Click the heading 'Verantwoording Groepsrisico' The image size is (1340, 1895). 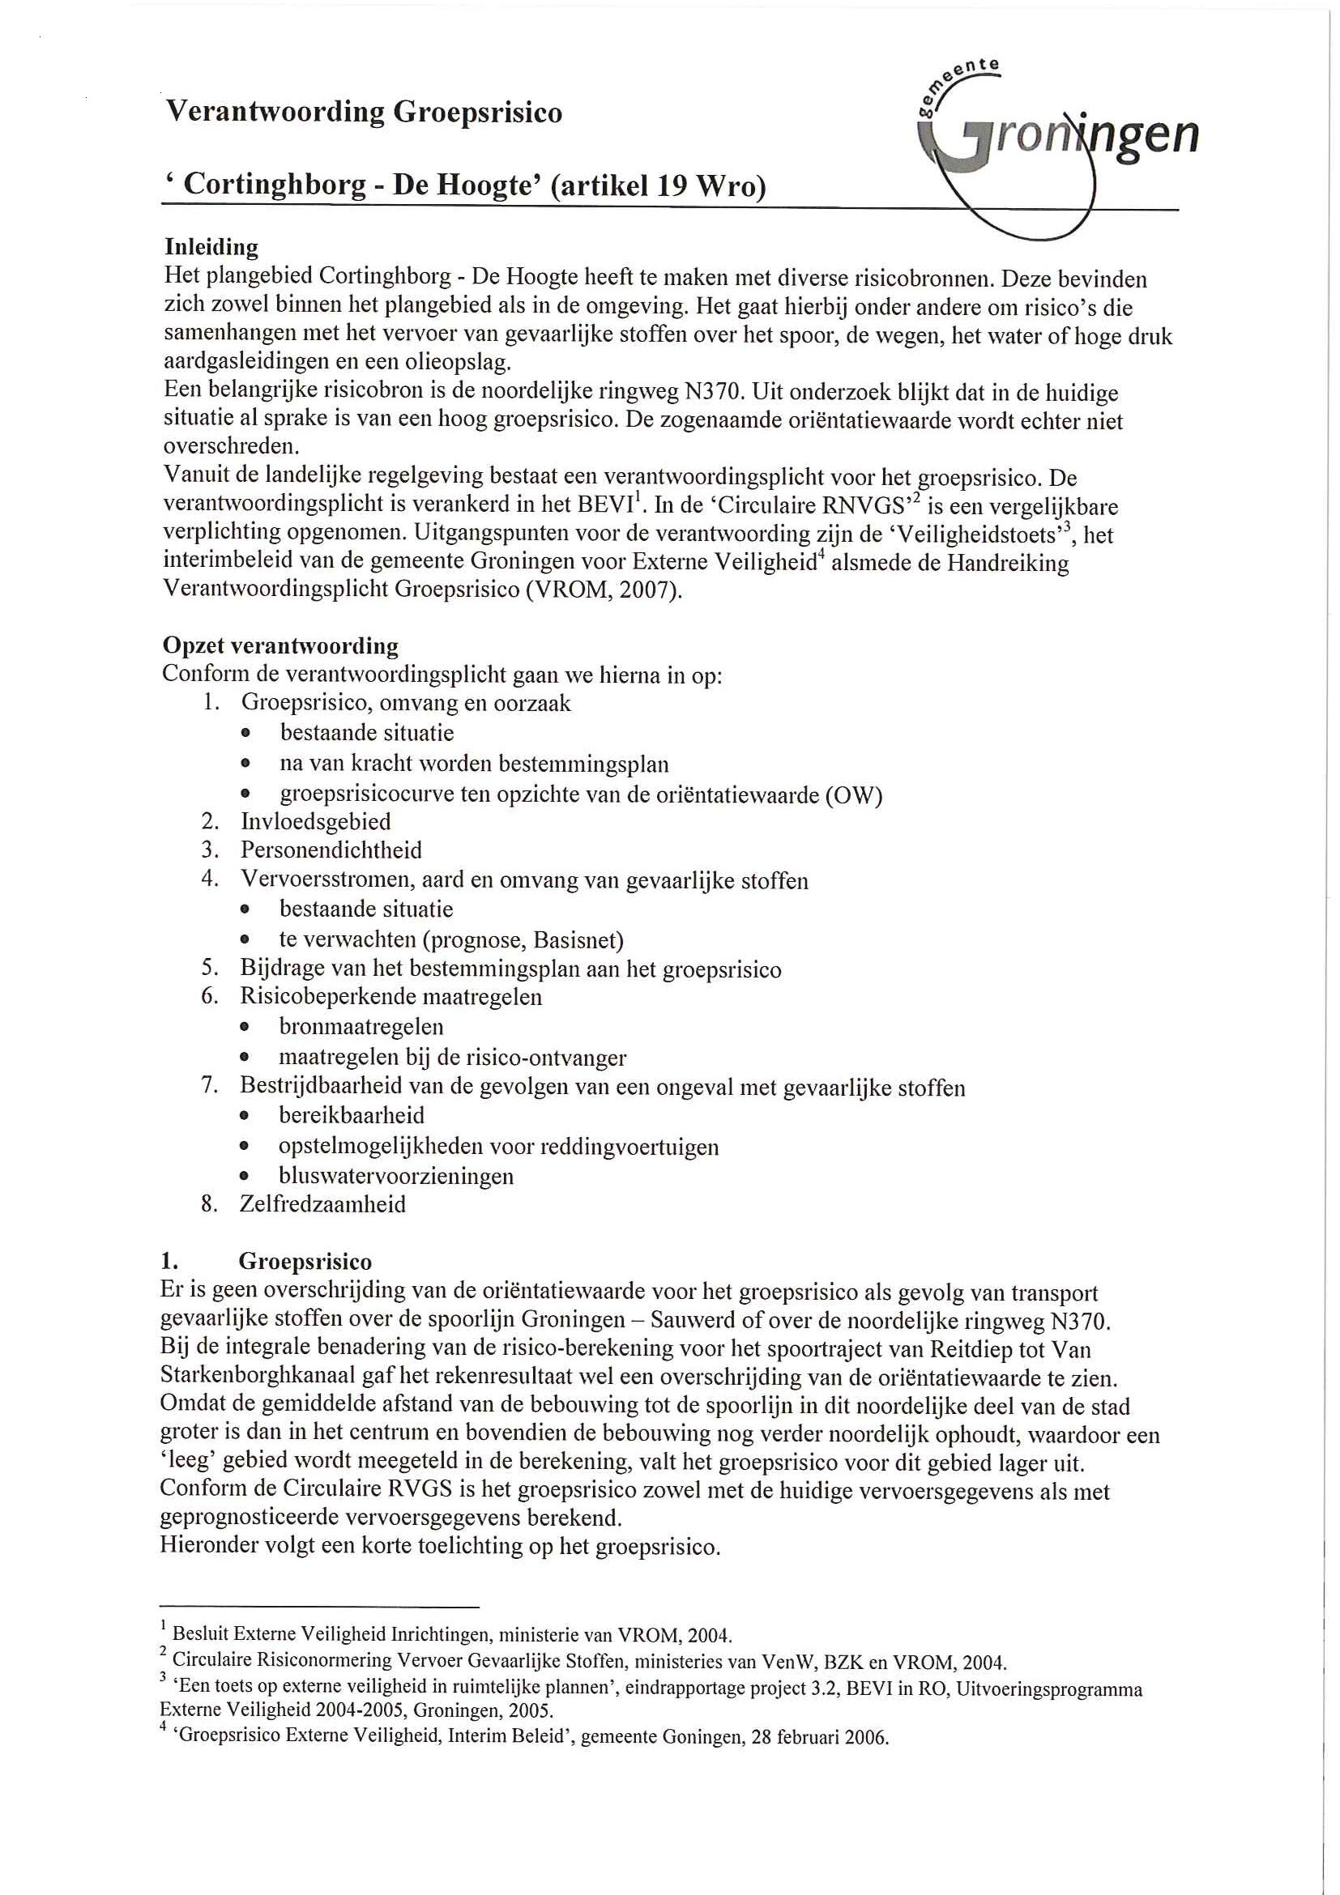point(364,113)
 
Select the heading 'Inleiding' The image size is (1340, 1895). point(211,248)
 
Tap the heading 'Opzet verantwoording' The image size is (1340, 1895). point(280,645)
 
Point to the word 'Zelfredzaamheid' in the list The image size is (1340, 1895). point(322,1204)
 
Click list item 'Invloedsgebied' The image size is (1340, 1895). point(315,822)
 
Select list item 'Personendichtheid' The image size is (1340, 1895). point(331,850)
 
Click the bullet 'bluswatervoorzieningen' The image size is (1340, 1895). point(396,1176)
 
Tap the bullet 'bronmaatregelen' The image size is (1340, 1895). point(361,1027)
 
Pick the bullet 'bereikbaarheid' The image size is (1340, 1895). point(352,1116)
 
